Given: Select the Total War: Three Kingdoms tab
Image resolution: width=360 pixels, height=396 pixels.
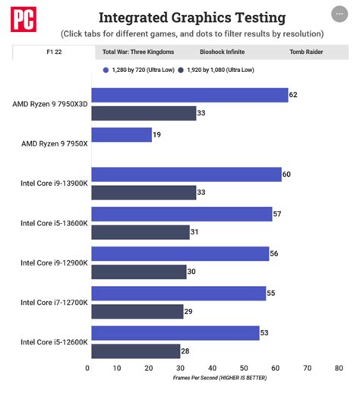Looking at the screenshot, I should (x=138, y=52).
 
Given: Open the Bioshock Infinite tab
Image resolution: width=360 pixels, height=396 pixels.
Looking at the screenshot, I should (x=223, y=52).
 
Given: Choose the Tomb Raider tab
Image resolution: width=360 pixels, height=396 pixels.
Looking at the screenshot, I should (x=306, y=52).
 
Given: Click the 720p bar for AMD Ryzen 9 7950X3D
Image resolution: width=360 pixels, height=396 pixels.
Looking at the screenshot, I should (x=188, y=95).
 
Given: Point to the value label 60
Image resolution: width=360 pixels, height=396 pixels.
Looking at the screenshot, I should (x=287, y=174).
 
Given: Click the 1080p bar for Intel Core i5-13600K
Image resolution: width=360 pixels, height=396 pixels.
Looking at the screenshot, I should (x=140, y=232).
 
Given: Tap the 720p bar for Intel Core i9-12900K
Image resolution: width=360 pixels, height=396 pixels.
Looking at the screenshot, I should (x=179, y=253).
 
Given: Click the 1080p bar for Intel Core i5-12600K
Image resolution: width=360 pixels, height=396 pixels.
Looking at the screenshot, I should (x=135, y=350).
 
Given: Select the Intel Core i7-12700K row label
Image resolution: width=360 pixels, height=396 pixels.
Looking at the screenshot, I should (x=55, y=303).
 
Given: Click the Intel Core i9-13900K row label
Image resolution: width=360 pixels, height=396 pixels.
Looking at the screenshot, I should (x=55, y=184).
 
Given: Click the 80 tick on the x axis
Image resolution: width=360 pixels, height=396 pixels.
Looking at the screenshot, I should (x=339, y=368).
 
